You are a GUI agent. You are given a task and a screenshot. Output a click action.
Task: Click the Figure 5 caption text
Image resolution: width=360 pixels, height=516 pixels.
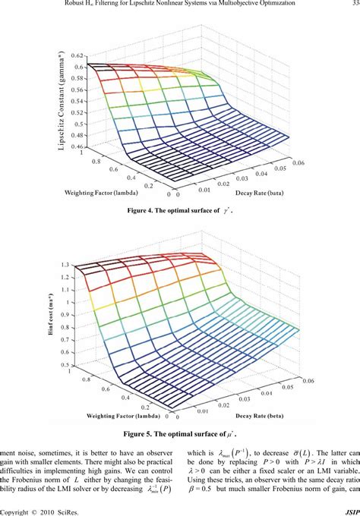coord(180,435)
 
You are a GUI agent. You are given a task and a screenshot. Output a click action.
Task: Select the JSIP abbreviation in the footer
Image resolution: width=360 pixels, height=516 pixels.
coord(349,511)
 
